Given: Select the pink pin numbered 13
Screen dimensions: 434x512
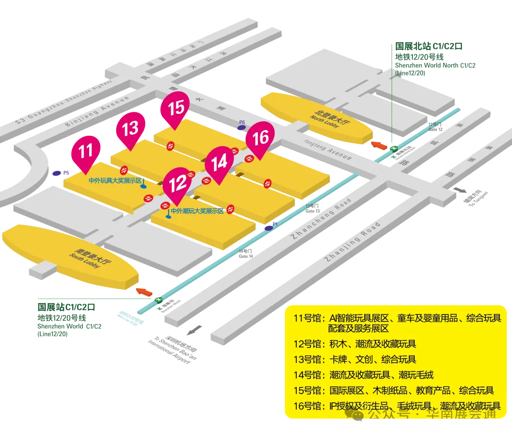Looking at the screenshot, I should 131,128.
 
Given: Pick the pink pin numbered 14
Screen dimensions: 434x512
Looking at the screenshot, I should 219,163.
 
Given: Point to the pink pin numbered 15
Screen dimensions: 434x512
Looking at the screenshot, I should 176,107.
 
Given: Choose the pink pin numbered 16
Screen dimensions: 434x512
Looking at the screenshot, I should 261,138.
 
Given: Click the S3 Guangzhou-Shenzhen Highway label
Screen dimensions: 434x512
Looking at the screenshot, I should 64,102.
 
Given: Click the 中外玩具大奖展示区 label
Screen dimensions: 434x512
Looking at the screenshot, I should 115,181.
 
